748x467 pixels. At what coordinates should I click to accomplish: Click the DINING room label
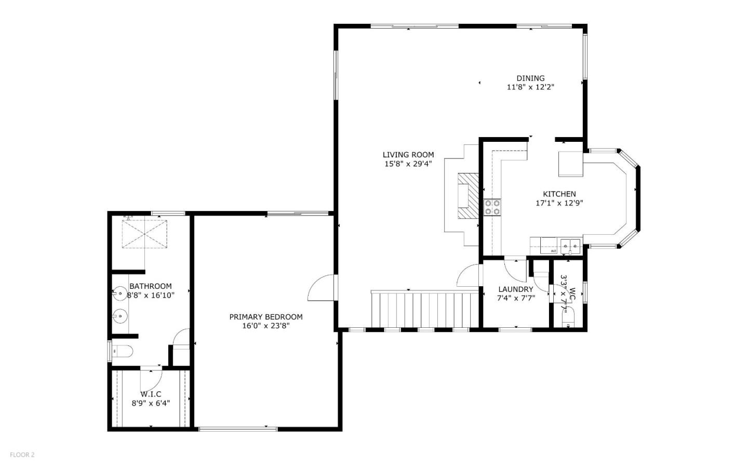530,78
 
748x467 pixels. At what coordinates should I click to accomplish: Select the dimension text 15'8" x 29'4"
408,164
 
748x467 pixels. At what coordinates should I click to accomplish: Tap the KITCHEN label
559,194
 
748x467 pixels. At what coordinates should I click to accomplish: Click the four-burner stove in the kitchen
492,207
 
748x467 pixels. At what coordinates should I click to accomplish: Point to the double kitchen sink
570,244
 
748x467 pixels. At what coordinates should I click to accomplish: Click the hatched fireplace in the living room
468,196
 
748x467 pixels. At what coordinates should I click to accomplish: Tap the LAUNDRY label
515,289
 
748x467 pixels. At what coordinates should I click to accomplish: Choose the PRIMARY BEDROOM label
266,317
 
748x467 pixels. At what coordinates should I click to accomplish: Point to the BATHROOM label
150,286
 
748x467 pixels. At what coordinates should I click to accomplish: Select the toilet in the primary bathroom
123,352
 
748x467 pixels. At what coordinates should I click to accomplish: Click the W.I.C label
151,394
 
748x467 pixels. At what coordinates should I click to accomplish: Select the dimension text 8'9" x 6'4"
150,403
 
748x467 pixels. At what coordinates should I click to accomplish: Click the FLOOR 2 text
22,455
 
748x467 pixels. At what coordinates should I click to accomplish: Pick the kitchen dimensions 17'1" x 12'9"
559,203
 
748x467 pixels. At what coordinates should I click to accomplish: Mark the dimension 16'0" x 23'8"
265,326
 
